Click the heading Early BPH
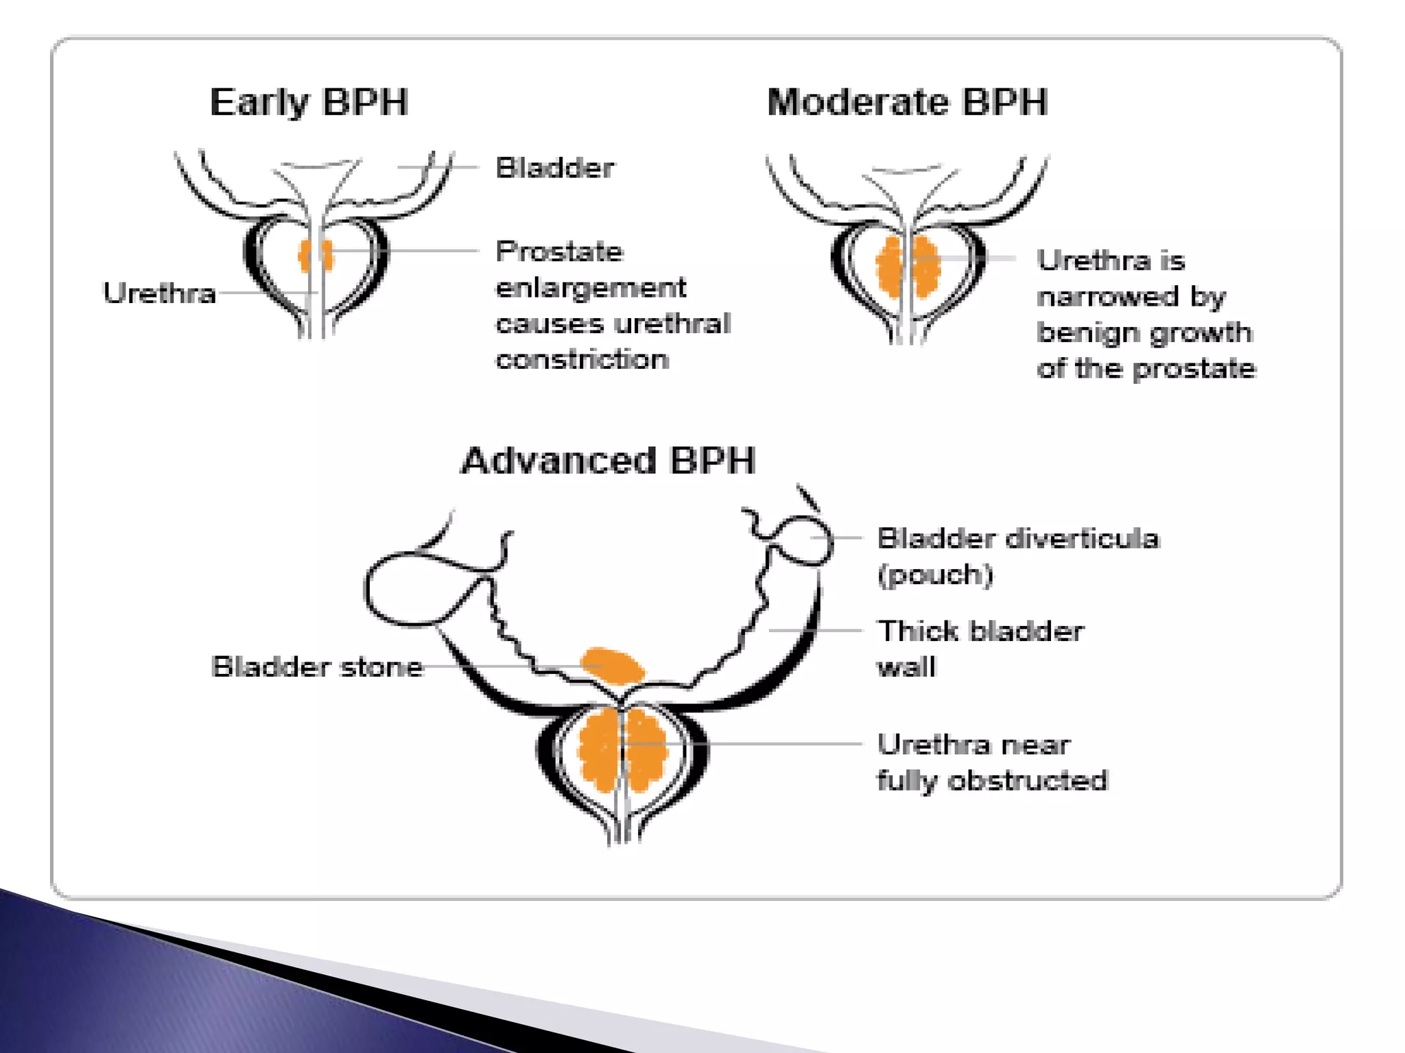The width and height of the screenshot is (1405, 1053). coord(309,103)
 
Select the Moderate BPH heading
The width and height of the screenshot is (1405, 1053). coord(907,103)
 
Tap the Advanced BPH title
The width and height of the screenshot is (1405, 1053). coord(608,460)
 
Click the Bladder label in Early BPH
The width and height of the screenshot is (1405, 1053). coord(555,168)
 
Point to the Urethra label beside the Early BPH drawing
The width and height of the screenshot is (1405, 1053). coord(159,293)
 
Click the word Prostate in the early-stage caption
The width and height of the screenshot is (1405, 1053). coord(559,252)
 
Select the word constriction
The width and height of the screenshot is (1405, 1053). coord(582,359)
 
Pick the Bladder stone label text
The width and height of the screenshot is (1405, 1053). coord(317,667)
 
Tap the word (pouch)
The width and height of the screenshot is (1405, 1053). coord(935,574)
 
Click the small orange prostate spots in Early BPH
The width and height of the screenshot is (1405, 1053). coord(316,255)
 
